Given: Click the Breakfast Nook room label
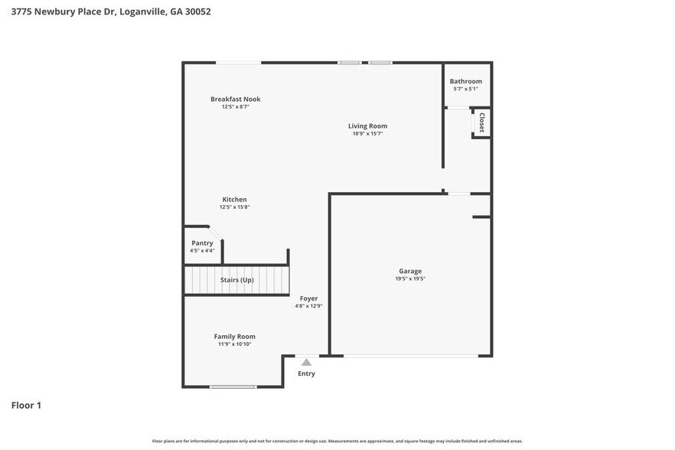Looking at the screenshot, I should click(x=236, y=99).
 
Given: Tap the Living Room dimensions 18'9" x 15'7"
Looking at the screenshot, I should click(x=367, y=134).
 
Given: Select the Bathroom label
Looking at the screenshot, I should click(x=465, y=81).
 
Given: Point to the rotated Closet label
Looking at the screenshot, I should click(x=481, y=123).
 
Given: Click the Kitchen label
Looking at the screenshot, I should click(x=234, y=199).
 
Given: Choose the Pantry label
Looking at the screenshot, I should click(x=202, y=243).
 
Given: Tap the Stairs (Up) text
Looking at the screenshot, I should click(x=236, y=280).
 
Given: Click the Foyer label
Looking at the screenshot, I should click(x=308, y=298).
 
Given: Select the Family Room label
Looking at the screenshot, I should click(x=234, y=336).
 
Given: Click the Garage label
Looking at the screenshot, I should click(x=410, y=271).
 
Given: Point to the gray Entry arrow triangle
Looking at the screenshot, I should click(x=306, y=362).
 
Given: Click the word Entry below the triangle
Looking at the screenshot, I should click(x=306, y=373).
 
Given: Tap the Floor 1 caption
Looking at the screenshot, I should click(x=26, y=405).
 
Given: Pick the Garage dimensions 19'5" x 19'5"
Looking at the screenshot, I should click(x=410, y=279).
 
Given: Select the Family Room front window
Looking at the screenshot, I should click(x=233, y=386).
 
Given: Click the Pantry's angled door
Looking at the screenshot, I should click(x=215, y=233).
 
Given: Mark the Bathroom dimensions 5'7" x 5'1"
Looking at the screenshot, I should click(x=465, y=90).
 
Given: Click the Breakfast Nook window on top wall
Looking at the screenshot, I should click(x=238, y=63).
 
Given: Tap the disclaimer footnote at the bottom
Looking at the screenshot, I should click(x=337, y=441).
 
